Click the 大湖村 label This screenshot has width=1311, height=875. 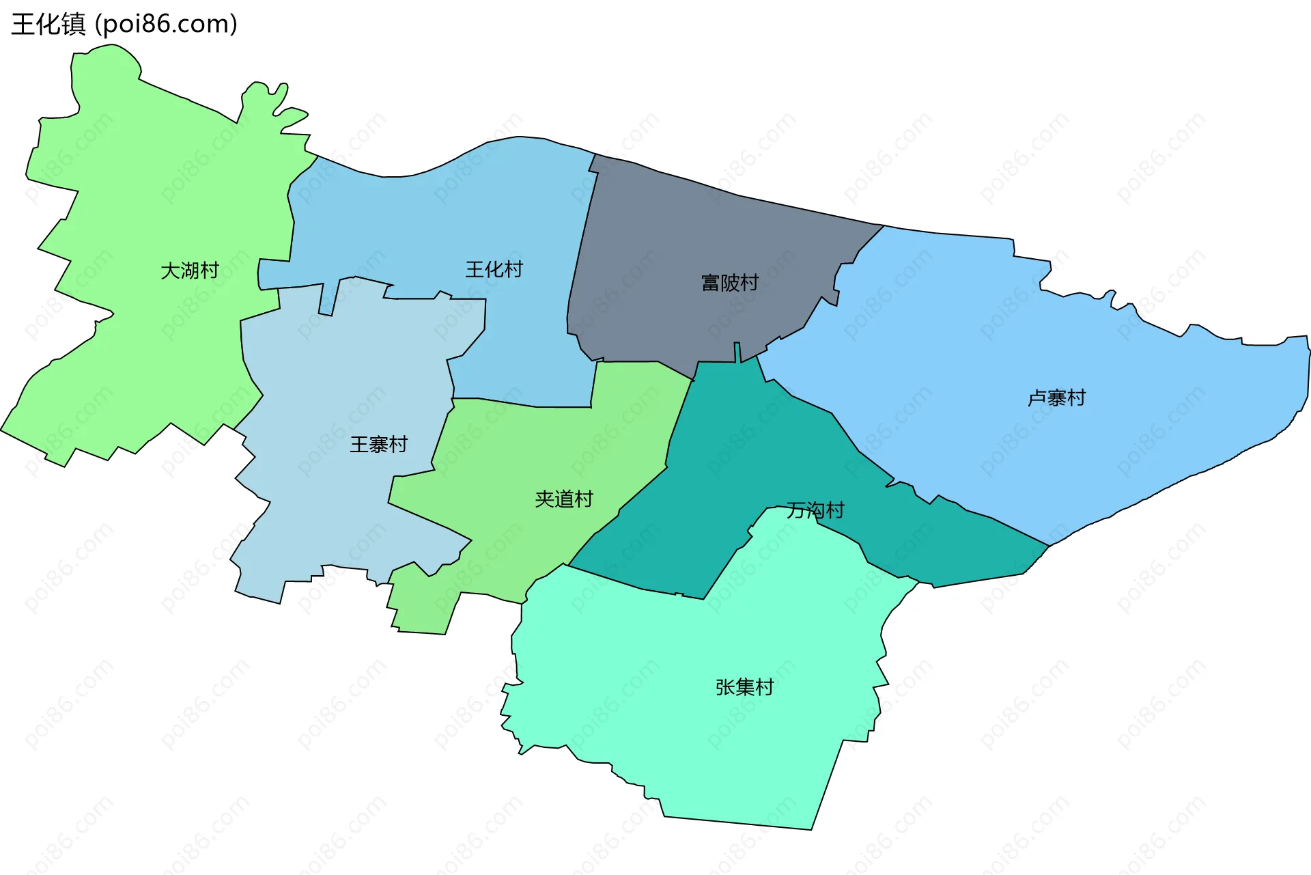(x=189, y=271)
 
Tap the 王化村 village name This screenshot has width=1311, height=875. (x=494, y=270)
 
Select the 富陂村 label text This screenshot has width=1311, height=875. (x=729, y=283)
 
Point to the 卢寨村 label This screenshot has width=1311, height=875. (x=1056, y=398)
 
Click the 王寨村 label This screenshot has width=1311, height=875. (x=378, y=445)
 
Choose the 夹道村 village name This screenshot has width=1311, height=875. (x=564, y=500)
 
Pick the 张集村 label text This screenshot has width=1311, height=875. (x=744, y=688)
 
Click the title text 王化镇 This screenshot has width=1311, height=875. (x=48, y=25)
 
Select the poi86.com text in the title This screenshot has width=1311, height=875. (x=166, y=25)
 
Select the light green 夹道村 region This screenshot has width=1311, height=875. (x=546, y=444)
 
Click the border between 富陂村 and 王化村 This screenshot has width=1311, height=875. (x=580, y=239)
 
